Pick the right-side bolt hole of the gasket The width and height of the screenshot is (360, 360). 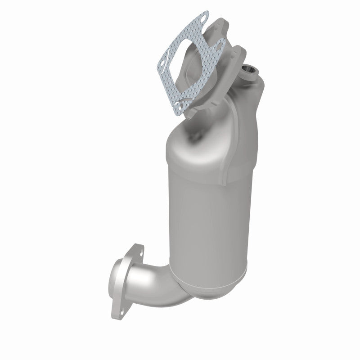click(220, 44)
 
